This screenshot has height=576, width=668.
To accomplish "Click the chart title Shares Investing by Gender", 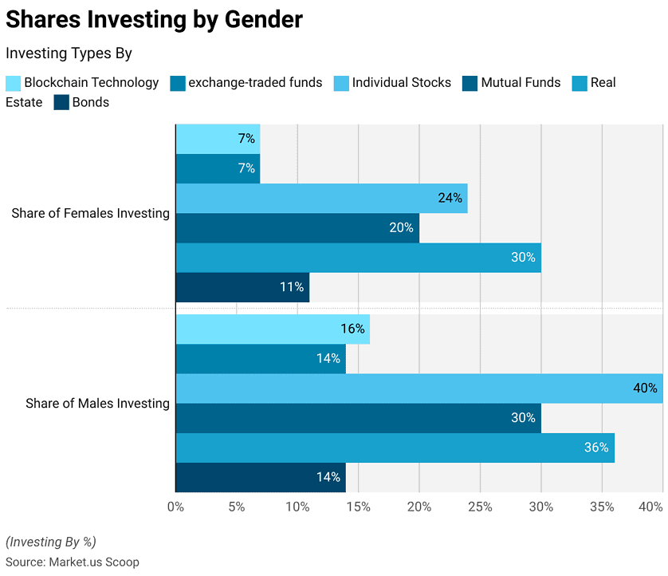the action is point(154,20).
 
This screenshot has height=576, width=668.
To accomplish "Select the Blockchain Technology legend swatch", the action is point(14,83).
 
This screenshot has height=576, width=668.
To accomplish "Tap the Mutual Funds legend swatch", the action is point(470,83).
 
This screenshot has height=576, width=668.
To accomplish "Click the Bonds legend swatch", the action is point(61,103).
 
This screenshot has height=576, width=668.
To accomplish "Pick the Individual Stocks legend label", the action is point(401,82).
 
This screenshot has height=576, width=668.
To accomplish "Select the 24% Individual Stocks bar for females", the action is point(322,199).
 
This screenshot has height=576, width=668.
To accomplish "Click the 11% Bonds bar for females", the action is point(243,287).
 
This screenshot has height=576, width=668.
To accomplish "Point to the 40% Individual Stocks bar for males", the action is point(419,389).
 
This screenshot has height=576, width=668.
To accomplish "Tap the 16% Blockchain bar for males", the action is point(273,329).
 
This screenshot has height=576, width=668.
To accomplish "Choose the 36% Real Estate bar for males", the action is point(395,448).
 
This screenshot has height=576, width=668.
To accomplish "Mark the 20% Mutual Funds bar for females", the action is point(297,228).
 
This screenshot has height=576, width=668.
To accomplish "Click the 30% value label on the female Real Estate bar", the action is point(523,257).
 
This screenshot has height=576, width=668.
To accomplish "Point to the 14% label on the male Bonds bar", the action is point(328,476).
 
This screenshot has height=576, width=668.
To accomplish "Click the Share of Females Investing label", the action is point(90,213).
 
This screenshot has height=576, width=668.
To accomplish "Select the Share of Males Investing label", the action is point(97,404).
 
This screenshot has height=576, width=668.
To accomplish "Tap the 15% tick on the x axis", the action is point(358,507).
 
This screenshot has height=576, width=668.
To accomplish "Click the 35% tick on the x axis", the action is point(602,507).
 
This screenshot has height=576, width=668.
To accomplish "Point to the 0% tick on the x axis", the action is point(175,507).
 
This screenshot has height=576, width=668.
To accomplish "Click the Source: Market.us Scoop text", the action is point(73,562).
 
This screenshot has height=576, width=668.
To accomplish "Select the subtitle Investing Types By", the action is point(69,53).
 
